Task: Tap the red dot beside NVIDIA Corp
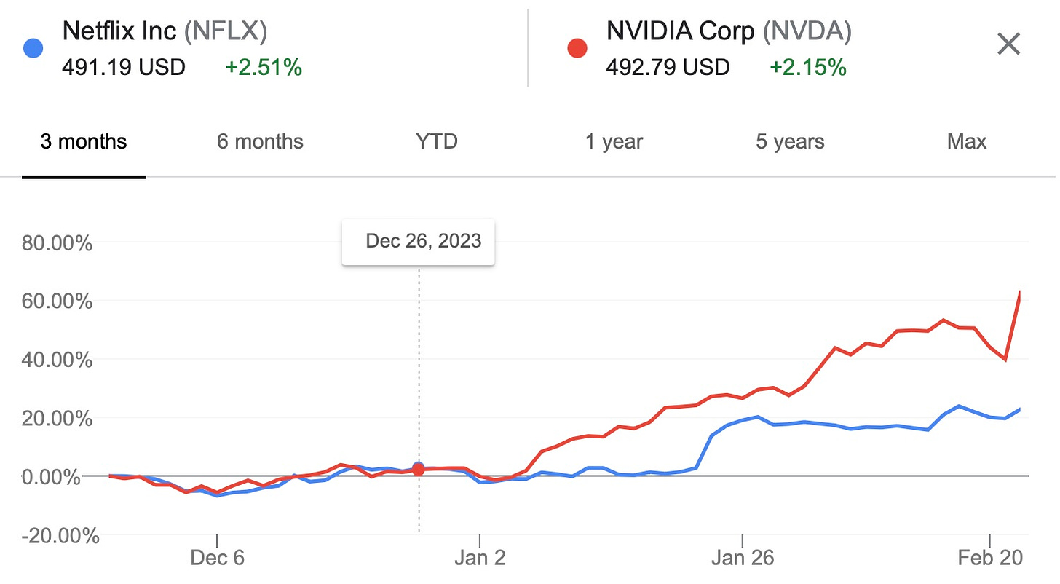[x=577, y=49]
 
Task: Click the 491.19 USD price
[x=124, y=68]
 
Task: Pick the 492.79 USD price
[x=668, y=68]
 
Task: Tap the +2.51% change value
[x=264, y=68]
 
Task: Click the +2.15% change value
[x=808, y=68]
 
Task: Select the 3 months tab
[x=84, y=141]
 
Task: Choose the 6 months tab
[x=260, y=141]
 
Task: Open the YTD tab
[x=437, y=141]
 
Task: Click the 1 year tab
[x=614, y=141]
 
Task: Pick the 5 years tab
[x=790, y=141]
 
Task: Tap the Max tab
[x=967, y=141]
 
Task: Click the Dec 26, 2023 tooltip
[x=419, y=241]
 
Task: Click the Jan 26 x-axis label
[x=742, y=559]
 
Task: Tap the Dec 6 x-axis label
[x=217, y=559]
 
